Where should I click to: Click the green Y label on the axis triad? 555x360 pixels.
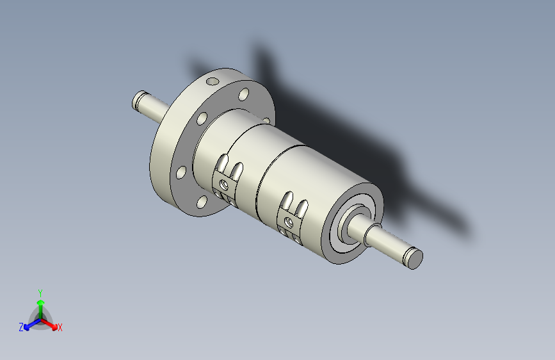point(40,293)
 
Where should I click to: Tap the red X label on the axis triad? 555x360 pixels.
point(60,327)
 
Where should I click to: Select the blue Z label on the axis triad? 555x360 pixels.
point(21,327)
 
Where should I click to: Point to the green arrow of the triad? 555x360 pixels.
point(41,309)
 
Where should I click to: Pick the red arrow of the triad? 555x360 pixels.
point(49,324)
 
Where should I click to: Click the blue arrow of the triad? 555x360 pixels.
point(33,324)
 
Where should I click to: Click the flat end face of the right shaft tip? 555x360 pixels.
point(414,259)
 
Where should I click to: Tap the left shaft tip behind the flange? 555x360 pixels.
point(139,100)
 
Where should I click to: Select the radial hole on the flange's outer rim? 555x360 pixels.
point(213,81)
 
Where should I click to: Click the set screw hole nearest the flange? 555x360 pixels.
point(224,184)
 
